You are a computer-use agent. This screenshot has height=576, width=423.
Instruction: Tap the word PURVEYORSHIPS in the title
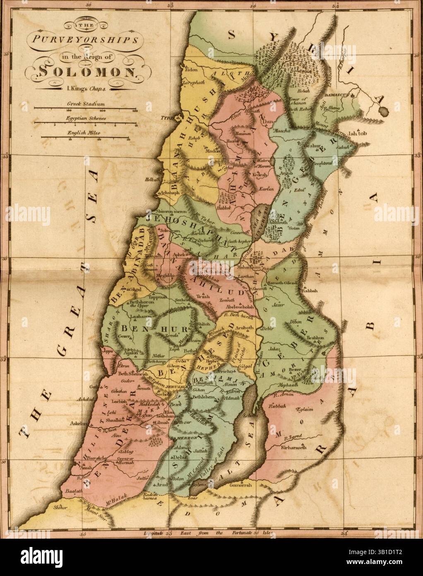(x=83, y=41)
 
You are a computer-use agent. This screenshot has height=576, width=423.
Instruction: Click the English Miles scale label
(x=86, y=133)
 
